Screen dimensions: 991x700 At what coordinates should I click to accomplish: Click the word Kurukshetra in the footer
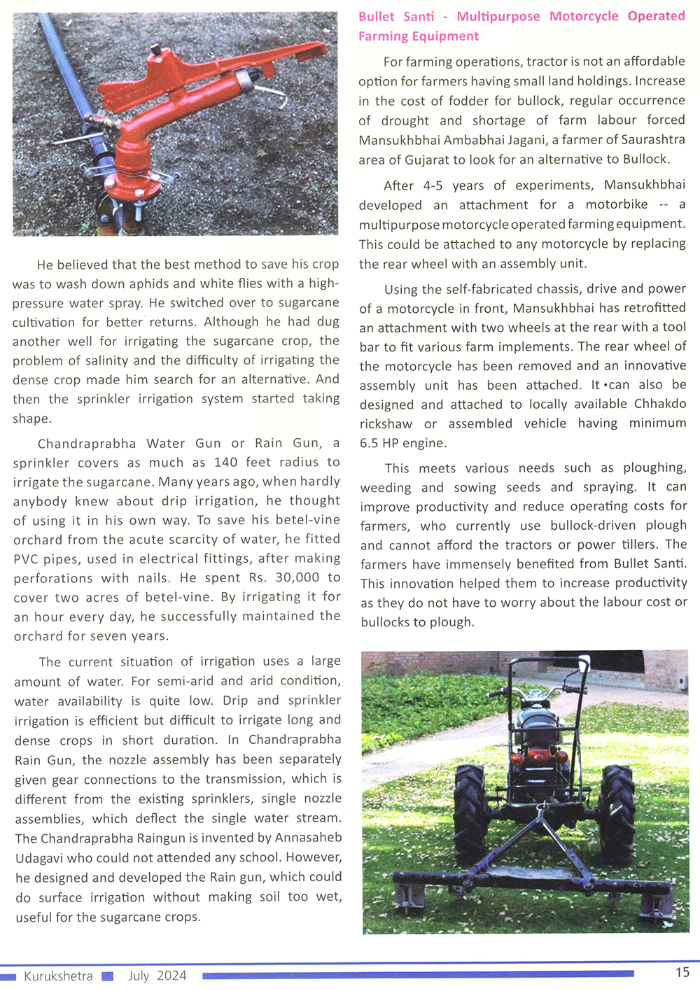[x=58, y=976]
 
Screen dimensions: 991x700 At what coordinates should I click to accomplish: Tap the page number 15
[x=682, y=972]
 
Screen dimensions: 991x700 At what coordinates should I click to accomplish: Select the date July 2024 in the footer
[x=157, y=976]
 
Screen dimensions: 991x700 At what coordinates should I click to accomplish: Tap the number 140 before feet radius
[x=226, y=463]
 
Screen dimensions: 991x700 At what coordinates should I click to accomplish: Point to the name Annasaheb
[x=309, y=838]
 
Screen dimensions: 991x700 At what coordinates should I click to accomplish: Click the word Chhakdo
[x=660, y=405]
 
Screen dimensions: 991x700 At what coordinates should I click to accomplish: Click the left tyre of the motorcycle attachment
[x=471, y=805]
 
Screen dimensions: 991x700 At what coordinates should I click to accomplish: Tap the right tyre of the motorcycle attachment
[x=617, y=805]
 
